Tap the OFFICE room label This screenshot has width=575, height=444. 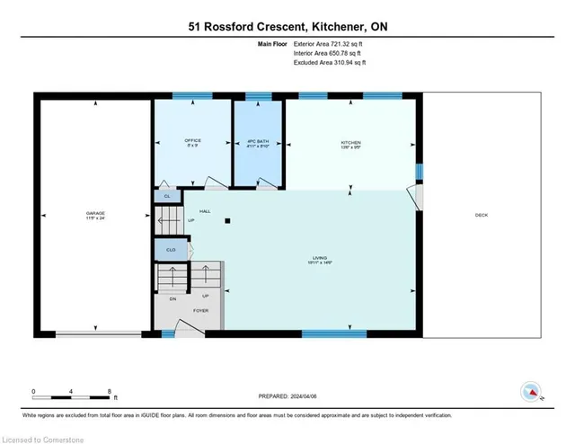point(192,141)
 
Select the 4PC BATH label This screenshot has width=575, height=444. point(258,141)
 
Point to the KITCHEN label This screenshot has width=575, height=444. point(350,141)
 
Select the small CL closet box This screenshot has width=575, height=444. point(166,195)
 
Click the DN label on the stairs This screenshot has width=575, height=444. point(172,299)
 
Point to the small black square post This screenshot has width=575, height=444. point(228,220)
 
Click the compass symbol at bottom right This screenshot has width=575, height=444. point(532,391)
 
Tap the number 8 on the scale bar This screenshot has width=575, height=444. point(110,391)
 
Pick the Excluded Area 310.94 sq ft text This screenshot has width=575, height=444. point(331,63)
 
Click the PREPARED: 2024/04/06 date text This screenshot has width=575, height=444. point(288,395)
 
